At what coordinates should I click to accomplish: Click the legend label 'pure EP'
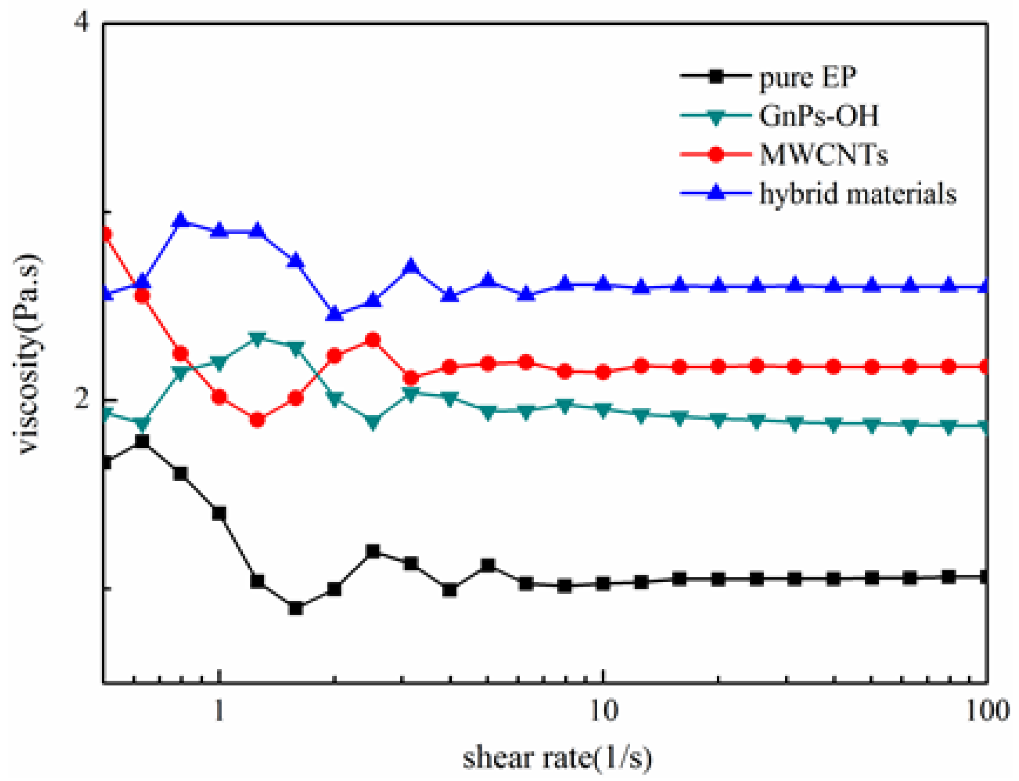(x=807, y=77)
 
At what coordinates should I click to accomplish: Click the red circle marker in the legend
(x=716, y=154)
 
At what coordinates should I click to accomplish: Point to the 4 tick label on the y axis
(x=82, y=22)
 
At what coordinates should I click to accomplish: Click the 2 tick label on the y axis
(x=82, y=399)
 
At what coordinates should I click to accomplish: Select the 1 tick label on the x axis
(x=219, y=710)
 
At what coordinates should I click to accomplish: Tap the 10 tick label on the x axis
(x=603, y=710)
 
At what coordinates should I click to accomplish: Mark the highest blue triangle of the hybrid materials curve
(x=180, y=220)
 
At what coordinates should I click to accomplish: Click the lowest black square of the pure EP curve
(x=296, y=608)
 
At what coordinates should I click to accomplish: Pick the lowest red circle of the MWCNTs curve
(x=258, y=420)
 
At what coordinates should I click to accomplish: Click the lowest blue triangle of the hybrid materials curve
(x=335, y=314)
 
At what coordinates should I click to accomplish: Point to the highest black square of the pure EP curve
(x=142, y=441)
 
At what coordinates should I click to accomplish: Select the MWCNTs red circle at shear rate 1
(x=219, y=397)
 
